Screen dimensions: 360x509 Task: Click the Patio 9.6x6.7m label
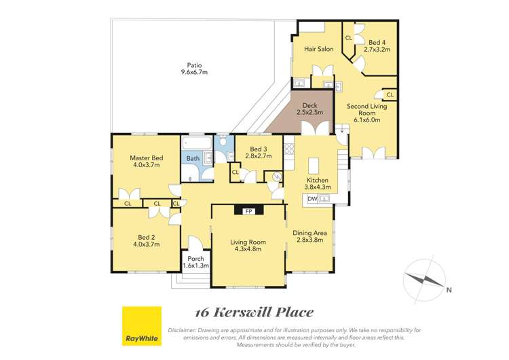(193, 68)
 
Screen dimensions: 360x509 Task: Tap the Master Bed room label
(146, 162)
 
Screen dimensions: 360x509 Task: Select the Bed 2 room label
(146, 241)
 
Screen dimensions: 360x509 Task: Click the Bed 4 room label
(377, 46)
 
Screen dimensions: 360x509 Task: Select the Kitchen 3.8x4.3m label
(317, 183)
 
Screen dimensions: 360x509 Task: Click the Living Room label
(247, 245)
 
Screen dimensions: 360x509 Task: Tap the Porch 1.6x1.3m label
(195, 262)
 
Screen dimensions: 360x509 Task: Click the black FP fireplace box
(248, 211)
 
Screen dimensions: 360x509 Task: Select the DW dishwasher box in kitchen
(312, 198)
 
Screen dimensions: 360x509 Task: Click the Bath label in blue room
(193, 159)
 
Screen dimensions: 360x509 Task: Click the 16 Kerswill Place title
(254, 312)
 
